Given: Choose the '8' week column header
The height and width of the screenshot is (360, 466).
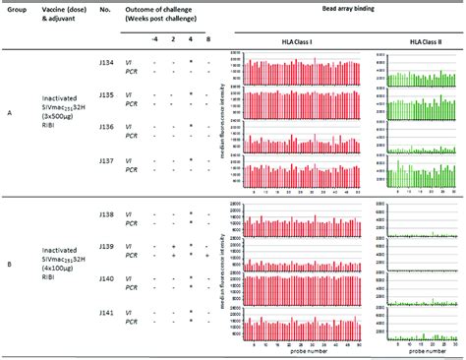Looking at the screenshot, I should point(205,38).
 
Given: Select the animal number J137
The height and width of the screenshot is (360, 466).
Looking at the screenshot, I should point(106,159).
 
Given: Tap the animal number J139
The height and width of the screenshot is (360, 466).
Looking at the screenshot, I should point(106,245).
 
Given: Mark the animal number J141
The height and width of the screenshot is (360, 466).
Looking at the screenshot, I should point(106,312).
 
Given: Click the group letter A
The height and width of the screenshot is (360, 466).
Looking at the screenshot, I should point(11,114).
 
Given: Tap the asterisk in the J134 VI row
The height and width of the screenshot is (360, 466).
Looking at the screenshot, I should point(190,61).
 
